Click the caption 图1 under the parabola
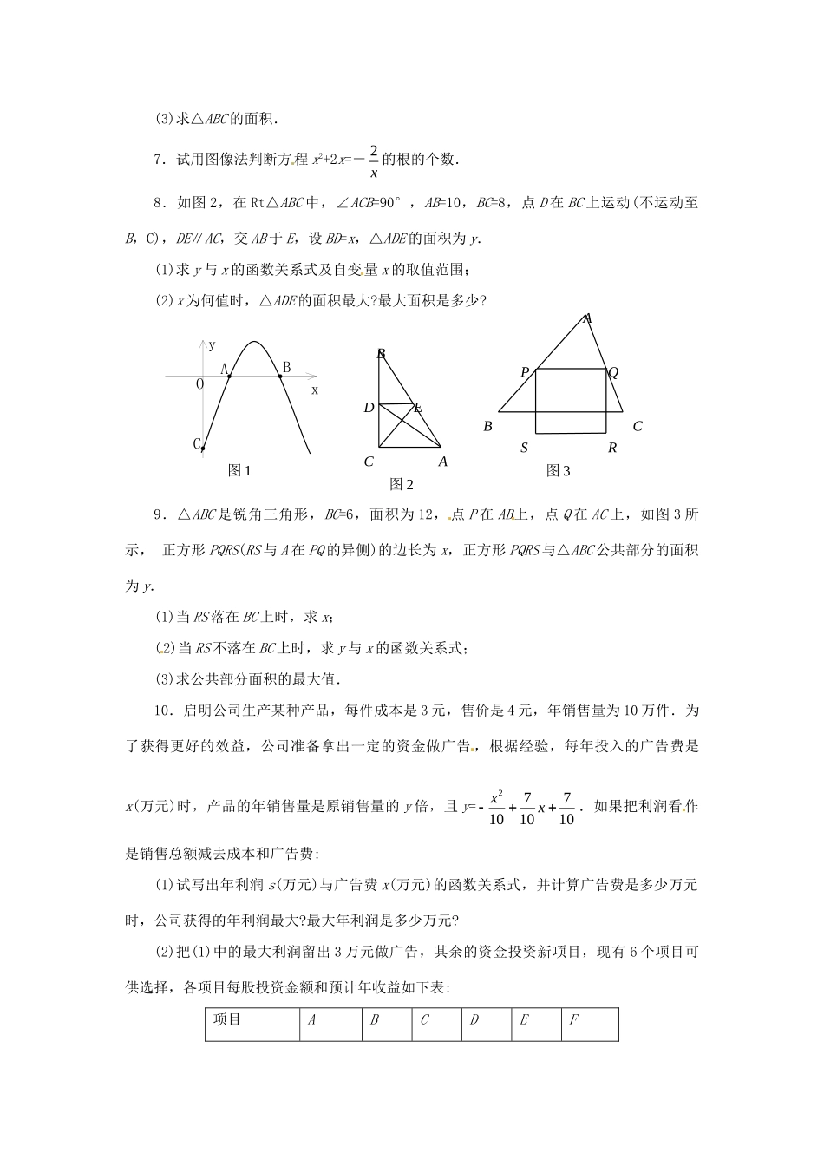(239, 471)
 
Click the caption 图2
(402, 484)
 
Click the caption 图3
(559, 471)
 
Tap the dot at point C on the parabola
(203, 449)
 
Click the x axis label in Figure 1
(315, 390)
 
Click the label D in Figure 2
(369, 408)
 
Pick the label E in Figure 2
(417, 407)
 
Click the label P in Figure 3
(525, 372)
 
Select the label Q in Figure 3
(613, 372)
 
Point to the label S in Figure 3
(525, 448)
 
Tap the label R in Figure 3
(612, 448)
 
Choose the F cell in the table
(573, 1020)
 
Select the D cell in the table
(474, 1020)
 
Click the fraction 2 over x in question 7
(373, 160)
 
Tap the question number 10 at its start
(161, 711)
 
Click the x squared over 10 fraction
(496, 807)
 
